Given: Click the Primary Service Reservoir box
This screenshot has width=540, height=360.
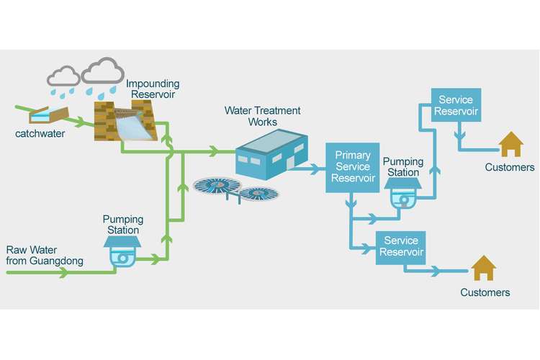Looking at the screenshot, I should tap(352, 168).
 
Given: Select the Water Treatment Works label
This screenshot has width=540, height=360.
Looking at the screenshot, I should tap(263, 117).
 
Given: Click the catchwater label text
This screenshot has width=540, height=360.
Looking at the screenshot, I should tap(35, 133).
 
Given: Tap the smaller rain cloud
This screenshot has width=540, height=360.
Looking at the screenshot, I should tap(63, 76).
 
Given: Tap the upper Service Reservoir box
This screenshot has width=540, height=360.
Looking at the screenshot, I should tap(455, 104).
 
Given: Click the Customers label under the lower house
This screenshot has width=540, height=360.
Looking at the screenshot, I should tap(485, 292).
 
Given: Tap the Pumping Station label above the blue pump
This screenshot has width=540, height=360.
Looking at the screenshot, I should tap(402, 167).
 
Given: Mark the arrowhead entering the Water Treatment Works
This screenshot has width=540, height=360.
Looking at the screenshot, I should tap(214, 151).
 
